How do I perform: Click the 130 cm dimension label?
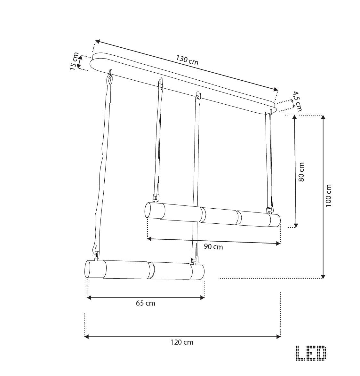pyautogui.click(x=187, y=60)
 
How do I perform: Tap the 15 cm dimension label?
pyautogui.click(x=74, y=61)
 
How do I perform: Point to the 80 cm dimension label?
pyautogui.click(x=301, y=172)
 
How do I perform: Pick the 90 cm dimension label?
pyautogui.click(x=213, y=246)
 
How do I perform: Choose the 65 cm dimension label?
pyautogui.click(x=146, y=303)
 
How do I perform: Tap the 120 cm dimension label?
pyautogui.click(x=182, y=342)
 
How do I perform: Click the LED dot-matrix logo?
pyautogui.click(x=311, y=353)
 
